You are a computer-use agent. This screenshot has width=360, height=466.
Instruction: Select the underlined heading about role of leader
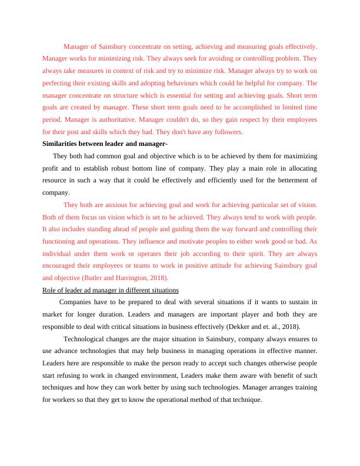[x=111, y=290]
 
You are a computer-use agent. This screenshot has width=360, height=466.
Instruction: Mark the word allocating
[x=302, y=168]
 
